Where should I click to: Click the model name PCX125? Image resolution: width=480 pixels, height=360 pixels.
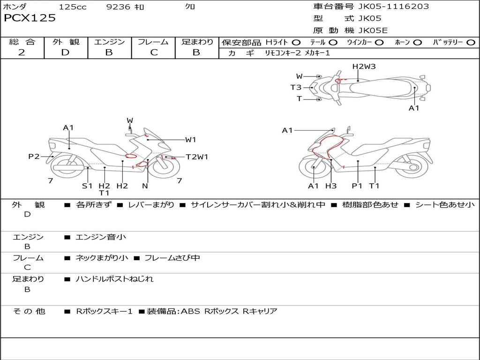[30, 18]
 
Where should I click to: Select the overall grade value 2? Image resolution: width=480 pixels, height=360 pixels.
[22, 52]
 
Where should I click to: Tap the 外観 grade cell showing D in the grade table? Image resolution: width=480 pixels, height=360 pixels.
[65, 52]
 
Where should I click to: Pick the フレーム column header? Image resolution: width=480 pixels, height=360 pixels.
[153, 42]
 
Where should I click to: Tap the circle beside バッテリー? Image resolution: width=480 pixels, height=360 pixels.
[471, 42]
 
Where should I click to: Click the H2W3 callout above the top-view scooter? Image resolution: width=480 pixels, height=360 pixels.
[364, 67]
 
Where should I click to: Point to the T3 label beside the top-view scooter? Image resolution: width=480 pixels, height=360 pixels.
[296, 87]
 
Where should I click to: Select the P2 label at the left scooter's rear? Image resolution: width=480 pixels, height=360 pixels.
[34, 157]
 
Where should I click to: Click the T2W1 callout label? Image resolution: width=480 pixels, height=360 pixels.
[197, 157]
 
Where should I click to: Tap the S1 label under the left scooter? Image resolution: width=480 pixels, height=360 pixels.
[87, 186]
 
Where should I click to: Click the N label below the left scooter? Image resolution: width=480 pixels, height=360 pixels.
[145, 186]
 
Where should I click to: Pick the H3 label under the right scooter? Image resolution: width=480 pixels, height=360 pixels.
[331, 186]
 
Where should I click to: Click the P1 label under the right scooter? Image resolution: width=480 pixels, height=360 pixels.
[357, 186]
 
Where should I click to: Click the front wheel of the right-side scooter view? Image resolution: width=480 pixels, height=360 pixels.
[312, 167]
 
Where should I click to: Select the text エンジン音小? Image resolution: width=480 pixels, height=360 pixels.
[101, 237]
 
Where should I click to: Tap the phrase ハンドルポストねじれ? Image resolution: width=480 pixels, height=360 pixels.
[114, 279]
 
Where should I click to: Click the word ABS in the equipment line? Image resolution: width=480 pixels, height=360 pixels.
[190, 311]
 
